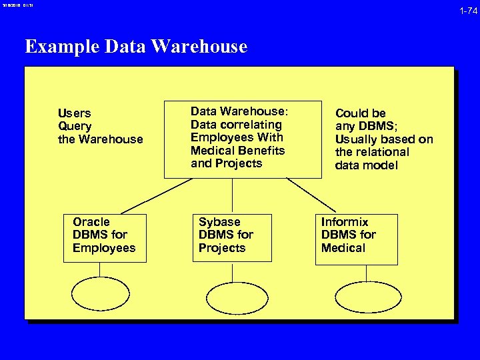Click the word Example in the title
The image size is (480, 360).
[x=61, y=47]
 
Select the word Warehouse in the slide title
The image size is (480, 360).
[x=199, y=47]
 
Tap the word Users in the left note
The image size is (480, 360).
[x=74, y=113]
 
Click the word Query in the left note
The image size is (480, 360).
[x=75, y=126]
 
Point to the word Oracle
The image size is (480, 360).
[x=91, y=222]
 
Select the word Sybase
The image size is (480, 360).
[x=219, y=222]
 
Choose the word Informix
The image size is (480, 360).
[x=344, y=222]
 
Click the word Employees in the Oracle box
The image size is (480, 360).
[x=103, y=248]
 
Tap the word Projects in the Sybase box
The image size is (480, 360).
[x=221, y=248]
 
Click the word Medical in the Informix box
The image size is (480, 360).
[x=343, y=248]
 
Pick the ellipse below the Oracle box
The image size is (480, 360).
[x=100, y=294]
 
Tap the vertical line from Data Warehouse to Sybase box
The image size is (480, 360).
[x=232, y=196]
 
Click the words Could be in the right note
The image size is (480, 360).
[x=360, y=113]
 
